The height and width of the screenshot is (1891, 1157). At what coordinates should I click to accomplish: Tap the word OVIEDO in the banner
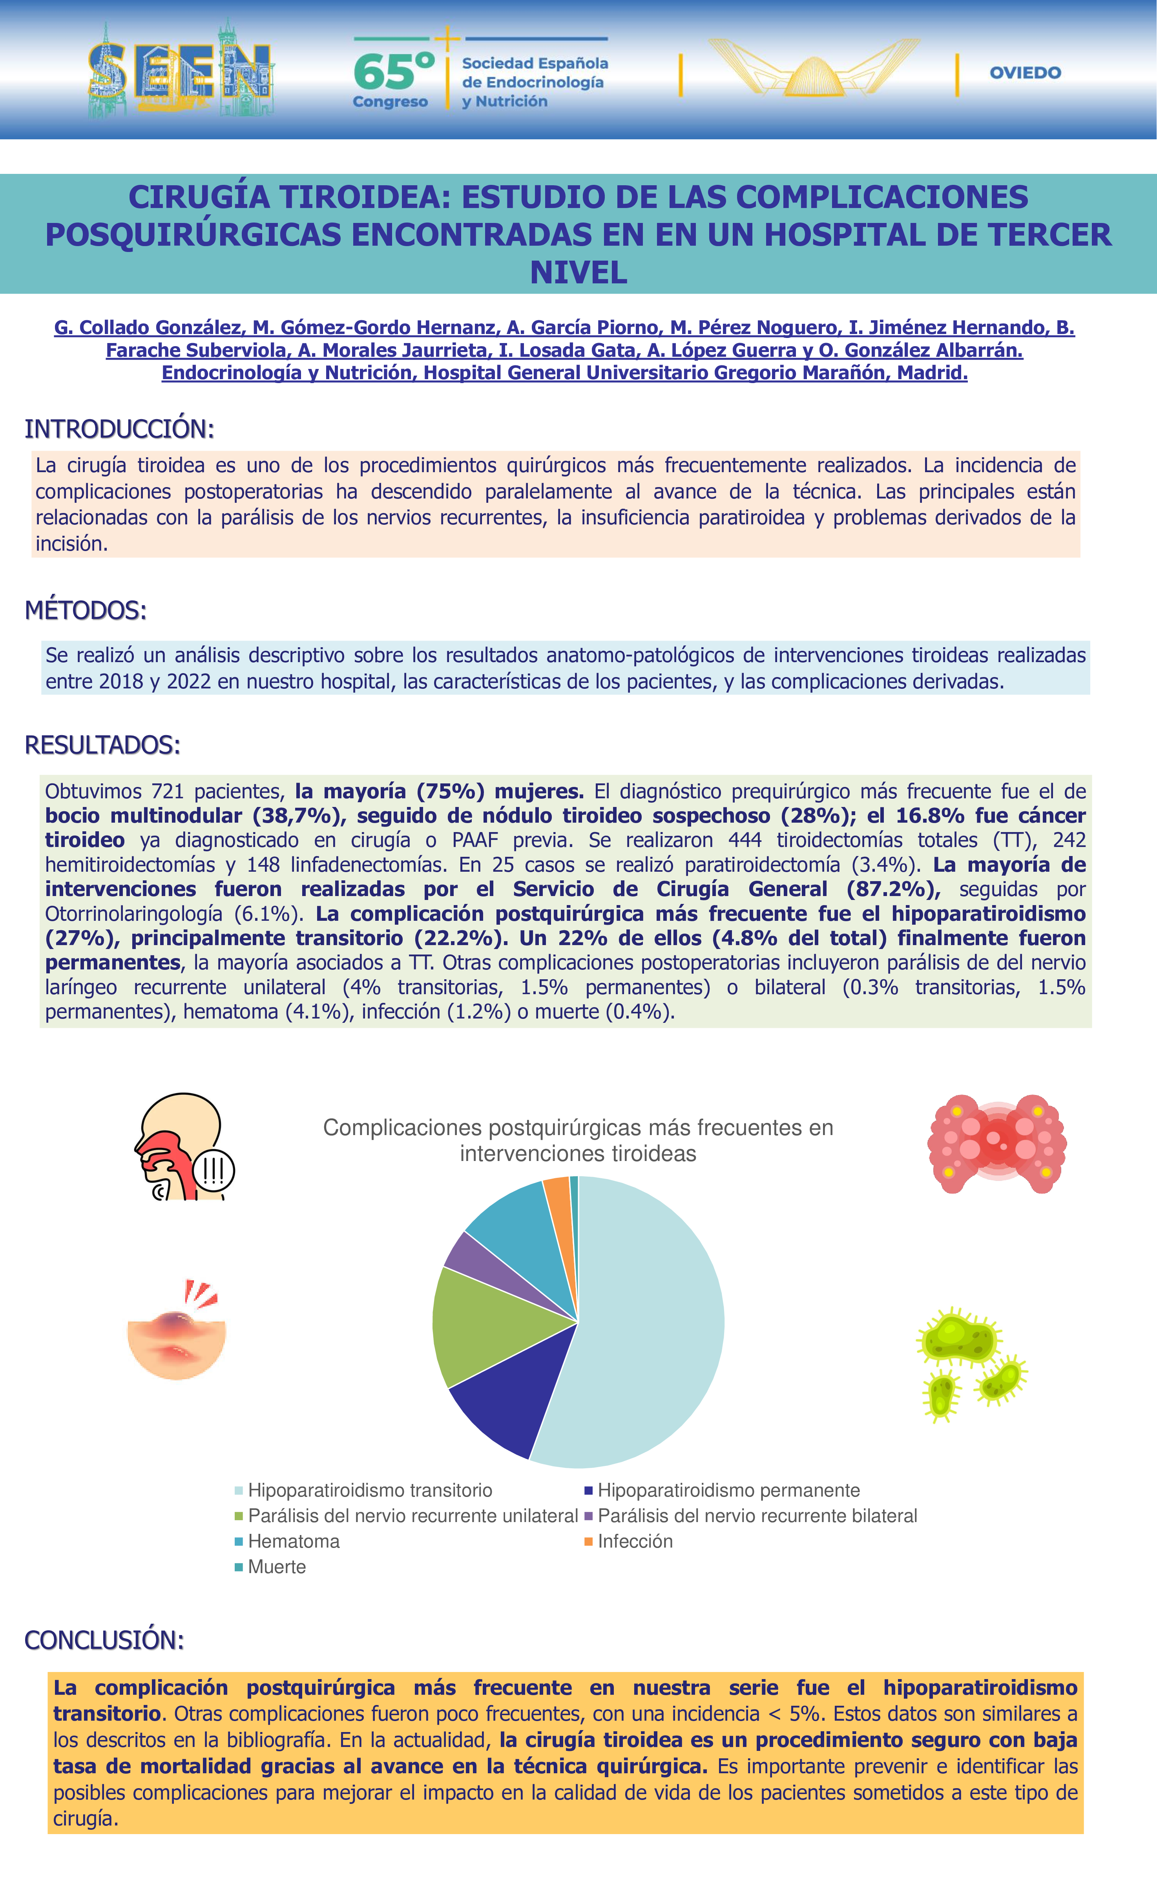click(1025, 73)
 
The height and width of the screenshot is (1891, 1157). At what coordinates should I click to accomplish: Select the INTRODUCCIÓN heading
click(119, 429)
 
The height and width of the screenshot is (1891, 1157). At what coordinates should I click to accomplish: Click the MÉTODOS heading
click(85, 610)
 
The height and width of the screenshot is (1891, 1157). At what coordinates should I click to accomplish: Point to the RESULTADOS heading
click(102, 745)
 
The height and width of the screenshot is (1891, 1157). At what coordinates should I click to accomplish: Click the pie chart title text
click(578, 1141)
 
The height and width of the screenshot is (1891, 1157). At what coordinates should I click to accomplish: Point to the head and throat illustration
click(184, 1147)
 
